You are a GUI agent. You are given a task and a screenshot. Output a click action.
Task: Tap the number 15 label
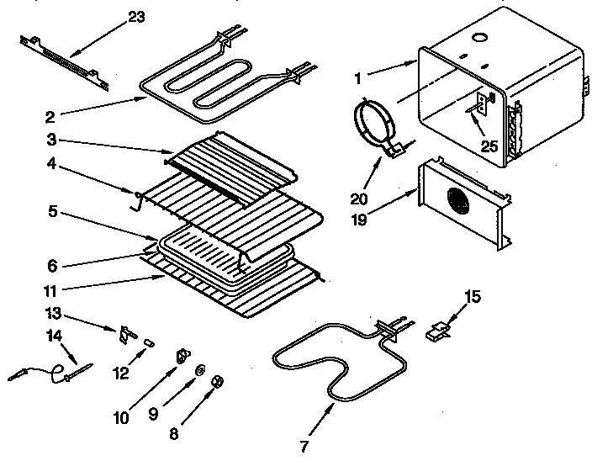tap(473, 295)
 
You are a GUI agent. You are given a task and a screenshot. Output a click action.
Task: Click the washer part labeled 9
tap(202, 370)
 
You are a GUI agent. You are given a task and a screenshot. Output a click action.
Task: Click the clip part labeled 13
tap(128, 334)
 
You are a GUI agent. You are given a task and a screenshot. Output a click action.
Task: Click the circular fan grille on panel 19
tap(457, 203)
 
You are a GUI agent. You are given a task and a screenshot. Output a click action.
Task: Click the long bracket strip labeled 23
tap(66, 61)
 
